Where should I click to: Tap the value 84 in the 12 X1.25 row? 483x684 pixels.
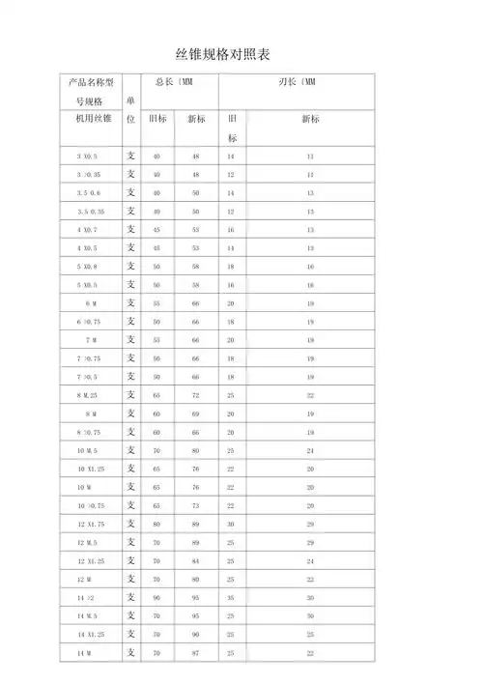click(x=196, y=561)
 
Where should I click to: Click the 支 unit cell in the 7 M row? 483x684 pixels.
click(x=130, y=340)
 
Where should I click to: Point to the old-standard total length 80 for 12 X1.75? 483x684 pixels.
click(x=156, y=525)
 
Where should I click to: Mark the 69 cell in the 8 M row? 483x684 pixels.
click(x=196, y=413)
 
